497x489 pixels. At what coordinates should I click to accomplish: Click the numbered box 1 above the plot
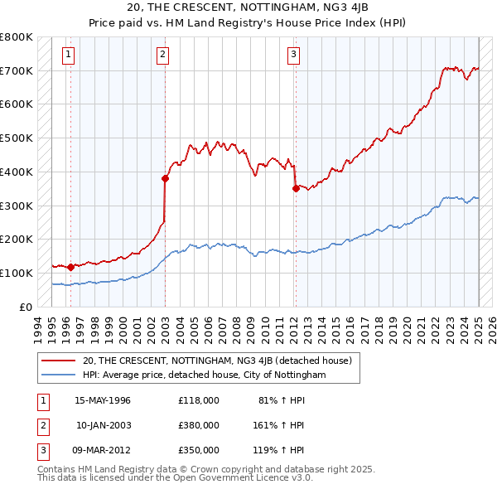[68, 56]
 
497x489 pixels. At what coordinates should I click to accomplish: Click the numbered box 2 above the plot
[162, 56]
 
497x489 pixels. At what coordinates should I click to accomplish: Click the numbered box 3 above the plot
[294, 56]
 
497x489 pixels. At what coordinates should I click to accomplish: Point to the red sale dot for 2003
[165, 177]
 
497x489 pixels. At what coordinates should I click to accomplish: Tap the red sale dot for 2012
[296, 188]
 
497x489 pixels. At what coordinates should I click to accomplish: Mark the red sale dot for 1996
[70, 267]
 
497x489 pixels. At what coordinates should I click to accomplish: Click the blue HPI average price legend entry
[204, 375]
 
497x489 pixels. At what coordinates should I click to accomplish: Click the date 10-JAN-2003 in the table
[103, 425]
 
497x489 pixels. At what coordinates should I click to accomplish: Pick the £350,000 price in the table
[198, 450]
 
